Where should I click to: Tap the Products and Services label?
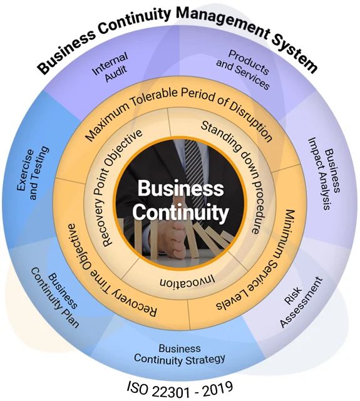pos(243,69)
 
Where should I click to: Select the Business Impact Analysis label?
pos(324,174)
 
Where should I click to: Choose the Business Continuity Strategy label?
pos(179,354)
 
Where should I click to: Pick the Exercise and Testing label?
pos(33,173)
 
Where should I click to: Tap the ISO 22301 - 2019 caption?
pos(180,389)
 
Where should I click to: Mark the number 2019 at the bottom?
pos(217,388)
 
